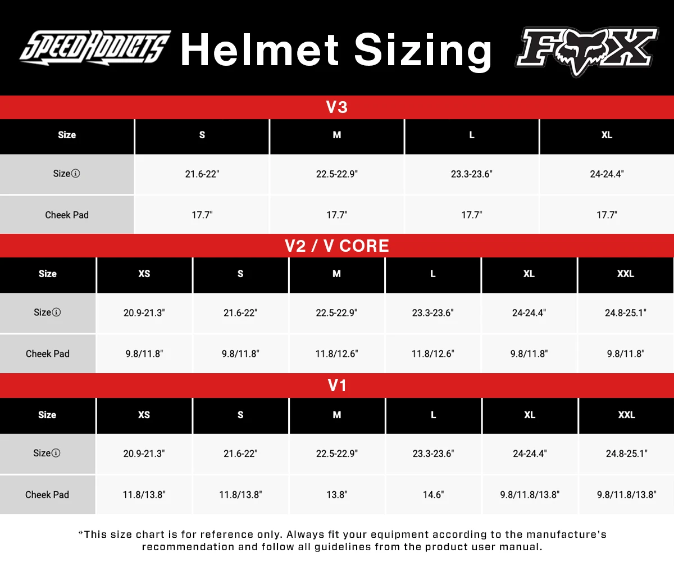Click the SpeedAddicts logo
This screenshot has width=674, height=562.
coord(95,47)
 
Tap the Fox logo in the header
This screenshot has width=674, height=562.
coord(586,51)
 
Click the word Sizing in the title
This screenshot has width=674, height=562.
coord(423,51)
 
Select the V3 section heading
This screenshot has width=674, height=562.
coord(337,107)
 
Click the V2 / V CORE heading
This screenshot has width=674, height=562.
coord(337,246)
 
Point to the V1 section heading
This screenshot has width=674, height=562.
coord(337,386)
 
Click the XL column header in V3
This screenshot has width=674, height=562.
coord(607,135)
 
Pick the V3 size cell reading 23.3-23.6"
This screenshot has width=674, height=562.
coord(471,174)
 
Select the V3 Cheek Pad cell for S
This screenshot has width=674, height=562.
coord(202,215)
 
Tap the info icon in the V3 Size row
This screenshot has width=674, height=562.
coord(76,174)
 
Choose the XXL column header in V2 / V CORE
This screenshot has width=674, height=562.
coord(626,274)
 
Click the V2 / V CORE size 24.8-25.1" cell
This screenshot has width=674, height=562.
coord(626,313)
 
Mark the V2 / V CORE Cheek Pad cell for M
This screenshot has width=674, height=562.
coord(336,354)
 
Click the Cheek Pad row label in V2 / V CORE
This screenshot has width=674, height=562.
coord(48,354)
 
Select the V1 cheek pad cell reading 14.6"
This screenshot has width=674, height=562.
coord(433,495)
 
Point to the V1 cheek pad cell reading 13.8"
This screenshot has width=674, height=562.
coord(337,495)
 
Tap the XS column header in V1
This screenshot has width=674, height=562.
coord(144,415)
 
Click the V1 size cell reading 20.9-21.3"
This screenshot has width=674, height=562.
coord(144,454)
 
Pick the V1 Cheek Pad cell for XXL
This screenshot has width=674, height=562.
coord(626,495)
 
